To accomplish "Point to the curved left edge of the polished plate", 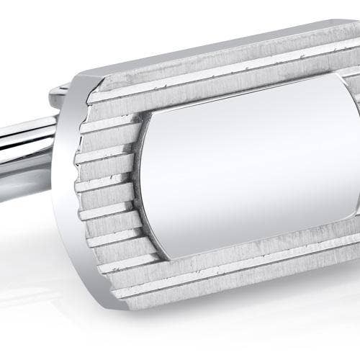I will pyautogui.click(x=144, y=187).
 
